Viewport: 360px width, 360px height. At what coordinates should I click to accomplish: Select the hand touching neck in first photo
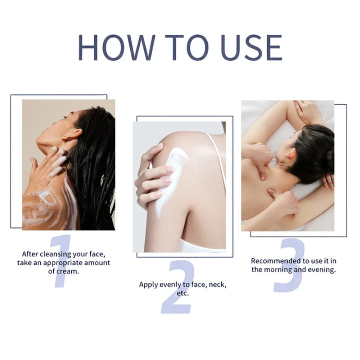tap(47, 167)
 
